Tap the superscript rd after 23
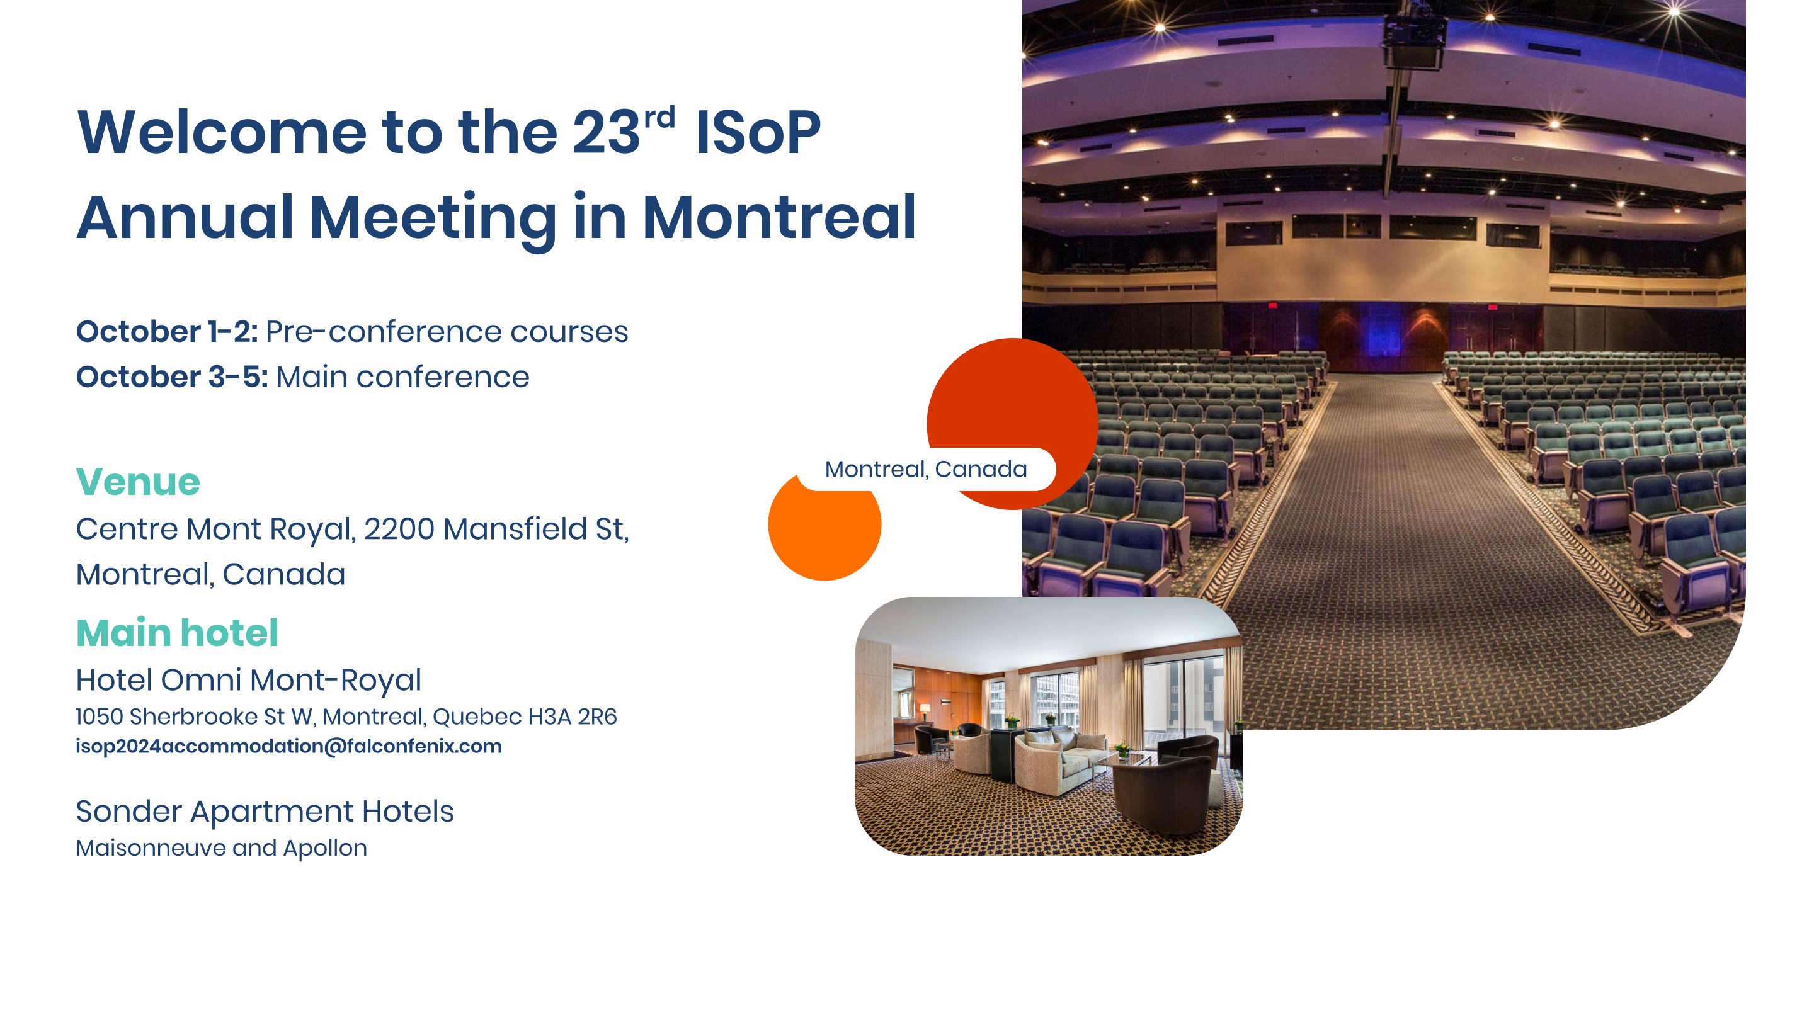660,118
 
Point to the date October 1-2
167,332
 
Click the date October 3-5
172,377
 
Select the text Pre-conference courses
447,332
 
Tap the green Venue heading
138,482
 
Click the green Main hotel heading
178,633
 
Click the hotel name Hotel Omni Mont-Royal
249,680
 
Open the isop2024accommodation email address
288,746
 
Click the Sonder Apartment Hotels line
265,812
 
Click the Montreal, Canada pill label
926,469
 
